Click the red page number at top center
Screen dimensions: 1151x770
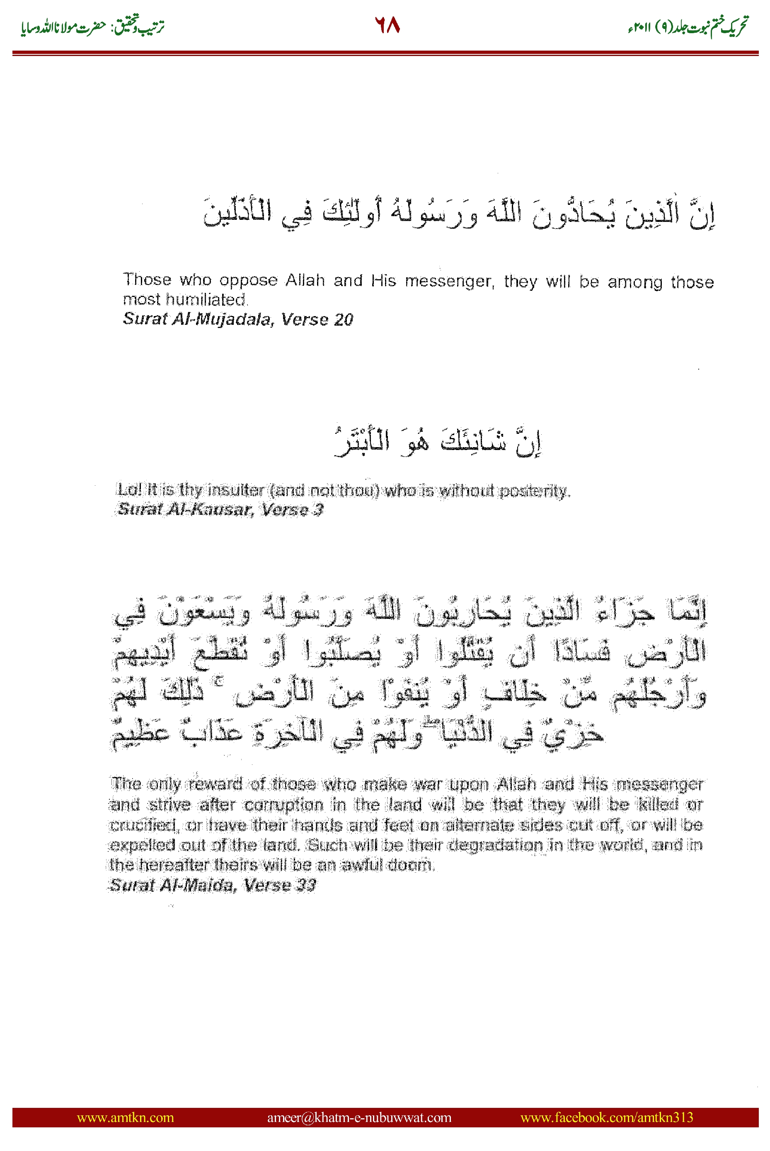(x=387, y=24)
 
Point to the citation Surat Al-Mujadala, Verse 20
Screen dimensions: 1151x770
(x=238, y=319)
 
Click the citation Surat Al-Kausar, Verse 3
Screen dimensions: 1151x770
(x=220, y=509)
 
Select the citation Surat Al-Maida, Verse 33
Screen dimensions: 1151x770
(x=212, y=885)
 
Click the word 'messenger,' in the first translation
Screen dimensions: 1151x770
(x=449, y=281)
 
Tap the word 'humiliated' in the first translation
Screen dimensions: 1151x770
(x=206, y=300)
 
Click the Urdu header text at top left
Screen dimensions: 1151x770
(x=92, y=27)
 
